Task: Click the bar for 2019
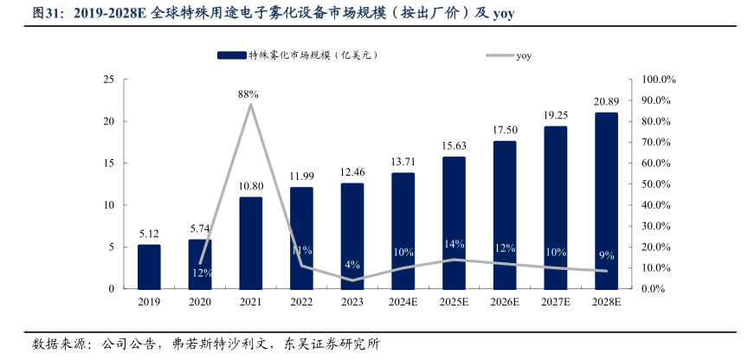[x=149, y=267]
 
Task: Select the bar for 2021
[x=250, y=242]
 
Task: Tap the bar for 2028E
[x=606, y=201]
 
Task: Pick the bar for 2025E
[x=454, y=222]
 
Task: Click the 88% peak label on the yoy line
[x=249, y=93]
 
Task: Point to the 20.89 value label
[x=606, y=101]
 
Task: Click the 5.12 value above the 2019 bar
[x=149, y=233]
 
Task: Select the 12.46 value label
[x=352, y=171]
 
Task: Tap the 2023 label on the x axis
[x=352, y=302]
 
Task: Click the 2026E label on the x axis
[x=505, y=302]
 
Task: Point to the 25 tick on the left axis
[x=108, y=80]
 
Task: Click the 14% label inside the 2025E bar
[x=454, y=244]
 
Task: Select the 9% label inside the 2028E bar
[x=606, y=255]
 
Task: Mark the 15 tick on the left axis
[x=108, y=164]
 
